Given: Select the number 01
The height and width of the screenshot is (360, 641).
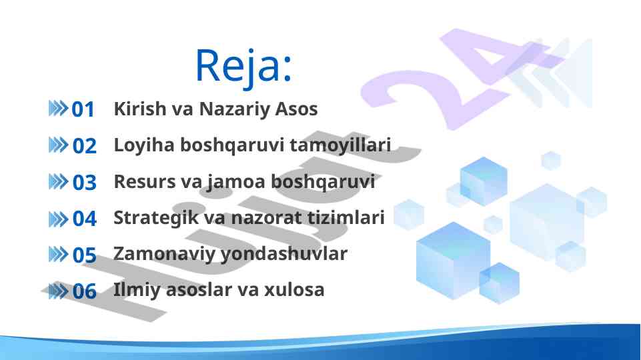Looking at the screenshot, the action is tap(83, 109).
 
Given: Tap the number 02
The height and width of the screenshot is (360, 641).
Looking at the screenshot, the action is tap(84, 146).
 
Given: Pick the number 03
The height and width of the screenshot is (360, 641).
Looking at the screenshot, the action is tap(84, 182).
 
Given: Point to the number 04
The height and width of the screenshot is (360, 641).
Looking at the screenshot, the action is tap(84, 219).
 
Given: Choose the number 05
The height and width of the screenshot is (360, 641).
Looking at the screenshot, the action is tap(84, 255).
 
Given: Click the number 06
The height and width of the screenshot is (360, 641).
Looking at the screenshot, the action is tap(84, 291).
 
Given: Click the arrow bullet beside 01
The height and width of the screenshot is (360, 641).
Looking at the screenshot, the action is tap(58, 109).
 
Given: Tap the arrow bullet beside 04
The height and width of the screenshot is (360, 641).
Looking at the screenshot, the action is tap(58, 219).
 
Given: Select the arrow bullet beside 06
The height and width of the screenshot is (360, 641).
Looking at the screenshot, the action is tap(58, 291).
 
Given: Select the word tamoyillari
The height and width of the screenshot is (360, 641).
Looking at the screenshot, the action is tap(340, 145).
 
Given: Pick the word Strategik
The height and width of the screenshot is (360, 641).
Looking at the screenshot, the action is tap(156, 218).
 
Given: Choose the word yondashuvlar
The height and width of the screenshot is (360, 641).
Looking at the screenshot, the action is tap(283, 254).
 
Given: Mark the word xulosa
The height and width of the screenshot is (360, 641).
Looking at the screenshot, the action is tap(294, 290).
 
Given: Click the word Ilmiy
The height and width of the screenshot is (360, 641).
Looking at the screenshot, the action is tap(137, 291).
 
